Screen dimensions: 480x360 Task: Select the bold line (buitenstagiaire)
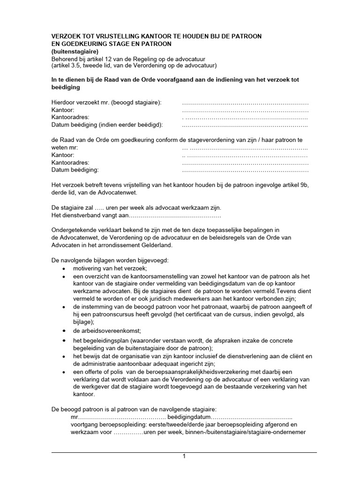pos(75,51)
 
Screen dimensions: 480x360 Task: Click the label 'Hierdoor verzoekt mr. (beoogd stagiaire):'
pos(106,103)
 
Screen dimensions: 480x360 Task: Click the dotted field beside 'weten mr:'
pos(245,147)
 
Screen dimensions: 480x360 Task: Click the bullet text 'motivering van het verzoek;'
pos(110,268)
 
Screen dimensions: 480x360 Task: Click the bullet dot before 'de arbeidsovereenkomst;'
pos(64,330)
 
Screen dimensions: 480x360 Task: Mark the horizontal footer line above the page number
pos(184,452)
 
